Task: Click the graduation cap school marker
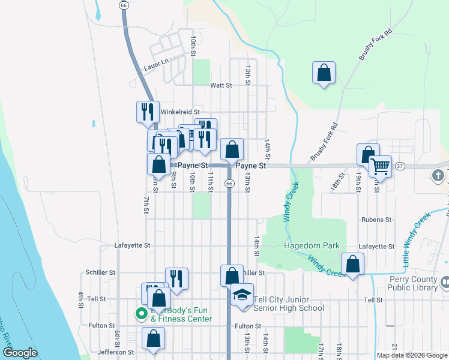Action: [x=243, y=295]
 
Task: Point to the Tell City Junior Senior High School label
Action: [x=289, y=304]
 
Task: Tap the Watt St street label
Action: [x=221, y=86]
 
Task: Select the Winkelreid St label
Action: [x=179, y=112]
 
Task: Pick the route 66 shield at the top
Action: [x=124, y=5]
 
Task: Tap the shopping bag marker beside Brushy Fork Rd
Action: [x=324, y=73]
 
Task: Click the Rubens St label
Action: [x=376, y=220]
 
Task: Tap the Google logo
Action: [x=20, y=352]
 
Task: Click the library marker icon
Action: [x=445, y=281]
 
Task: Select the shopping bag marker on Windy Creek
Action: [x=352, y=264]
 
